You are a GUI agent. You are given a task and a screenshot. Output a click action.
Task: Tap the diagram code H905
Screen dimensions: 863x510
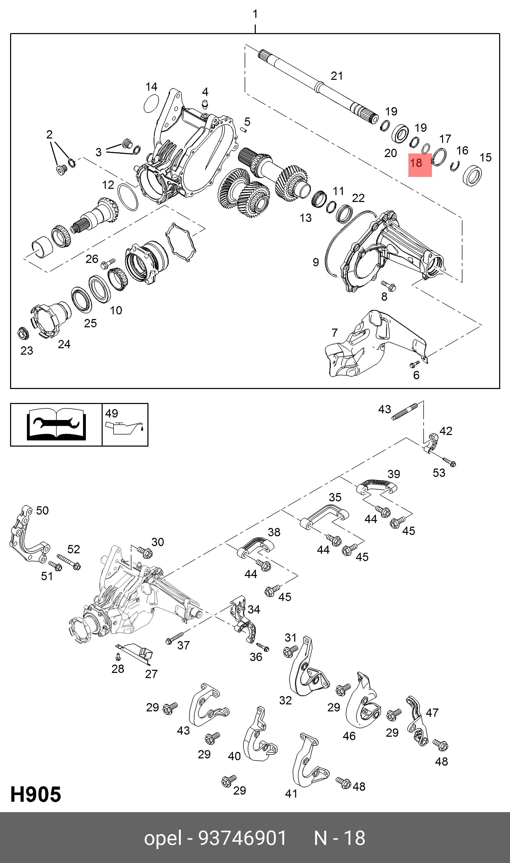click(x=36, y=794)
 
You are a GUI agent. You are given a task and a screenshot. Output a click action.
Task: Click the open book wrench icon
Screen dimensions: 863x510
click(x=56, y=424)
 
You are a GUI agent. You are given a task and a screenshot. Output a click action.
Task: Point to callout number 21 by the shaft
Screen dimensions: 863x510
click(x=336, y=76)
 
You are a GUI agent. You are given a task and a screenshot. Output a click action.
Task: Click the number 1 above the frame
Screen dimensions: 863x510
click(x=255, y=14)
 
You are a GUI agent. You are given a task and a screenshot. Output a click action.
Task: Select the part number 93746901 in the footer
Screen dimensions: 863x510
click(x=242, y=838)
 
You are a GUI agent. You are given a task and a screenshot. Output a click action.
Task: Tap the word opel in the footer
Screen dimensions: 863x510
click(x=163, y=838)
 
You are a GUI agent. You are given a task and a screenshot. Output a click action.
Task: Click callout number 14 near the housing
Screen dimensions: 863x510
click(x=151, y=87)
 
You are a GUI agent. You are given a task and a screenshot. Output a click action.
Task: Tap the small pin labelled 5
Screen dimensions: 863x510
click(x=244, y=130)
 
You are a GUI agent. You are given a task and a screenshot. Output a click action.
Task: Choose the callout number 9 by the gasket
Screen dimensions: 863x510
click(x=316, y=262)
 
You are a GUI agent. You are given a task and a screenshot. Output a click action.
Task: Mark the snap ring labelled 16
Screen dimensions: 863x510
click(x=454, y=166)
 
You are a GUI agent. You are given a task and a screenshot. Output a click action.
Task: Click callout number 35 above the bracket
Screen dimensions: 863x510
click(x=335, y=497)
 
